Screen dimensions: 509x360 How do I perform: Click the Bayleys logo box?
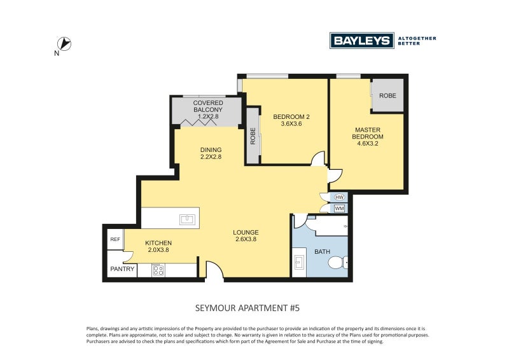click(x=361, y=41)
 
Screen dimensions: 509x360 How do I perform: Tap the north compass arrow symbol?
click(x=64, y=44)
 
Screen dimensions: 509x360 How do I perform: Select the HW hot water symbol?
click(x=339, y=197)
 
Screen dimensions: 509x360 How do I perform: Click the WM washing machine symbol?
click(x=339, y=208)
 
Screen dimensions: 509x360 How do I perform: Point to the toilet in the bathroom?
click(x=338, y=263)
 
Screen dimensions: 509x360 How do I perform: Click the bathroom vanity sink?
click(x=299, y=262)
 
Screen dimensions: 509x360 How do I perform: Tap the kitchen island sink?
click(x=187, y=220)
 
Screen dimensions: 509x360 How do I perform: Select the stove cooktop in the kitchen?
click(x=158, y=270)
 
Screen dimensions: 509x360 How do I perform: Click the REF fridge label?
click(x=115, y=239)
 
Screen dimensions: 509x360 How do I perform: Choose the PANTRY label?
click(x=122, y=269)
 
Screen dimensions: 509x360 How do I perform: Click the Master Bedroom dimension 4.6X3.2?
click(x=368, y=144)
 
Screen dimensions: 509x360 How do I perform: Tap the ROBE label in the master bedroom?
click(x=387, y=96)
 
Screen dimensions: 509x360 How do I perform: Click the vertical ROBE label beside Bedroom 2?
click(x=253, y=136)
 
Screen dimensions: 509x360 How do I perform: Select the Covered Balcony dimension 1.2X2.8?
click(x=208, y=116)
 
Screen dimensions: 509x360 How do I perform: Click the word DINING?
click(x=211, y=150)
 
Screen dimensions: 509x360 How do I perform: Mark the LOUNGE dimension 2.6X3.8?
click(x=246, y=240)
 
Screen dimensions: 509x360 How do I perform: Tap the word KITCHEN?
click(x=158, y=243)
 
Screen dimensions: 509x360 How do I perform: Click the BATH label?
click(x=322, y=252)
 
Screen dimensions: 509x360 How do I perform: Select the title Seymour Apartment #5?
click(x=248, y=308)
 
